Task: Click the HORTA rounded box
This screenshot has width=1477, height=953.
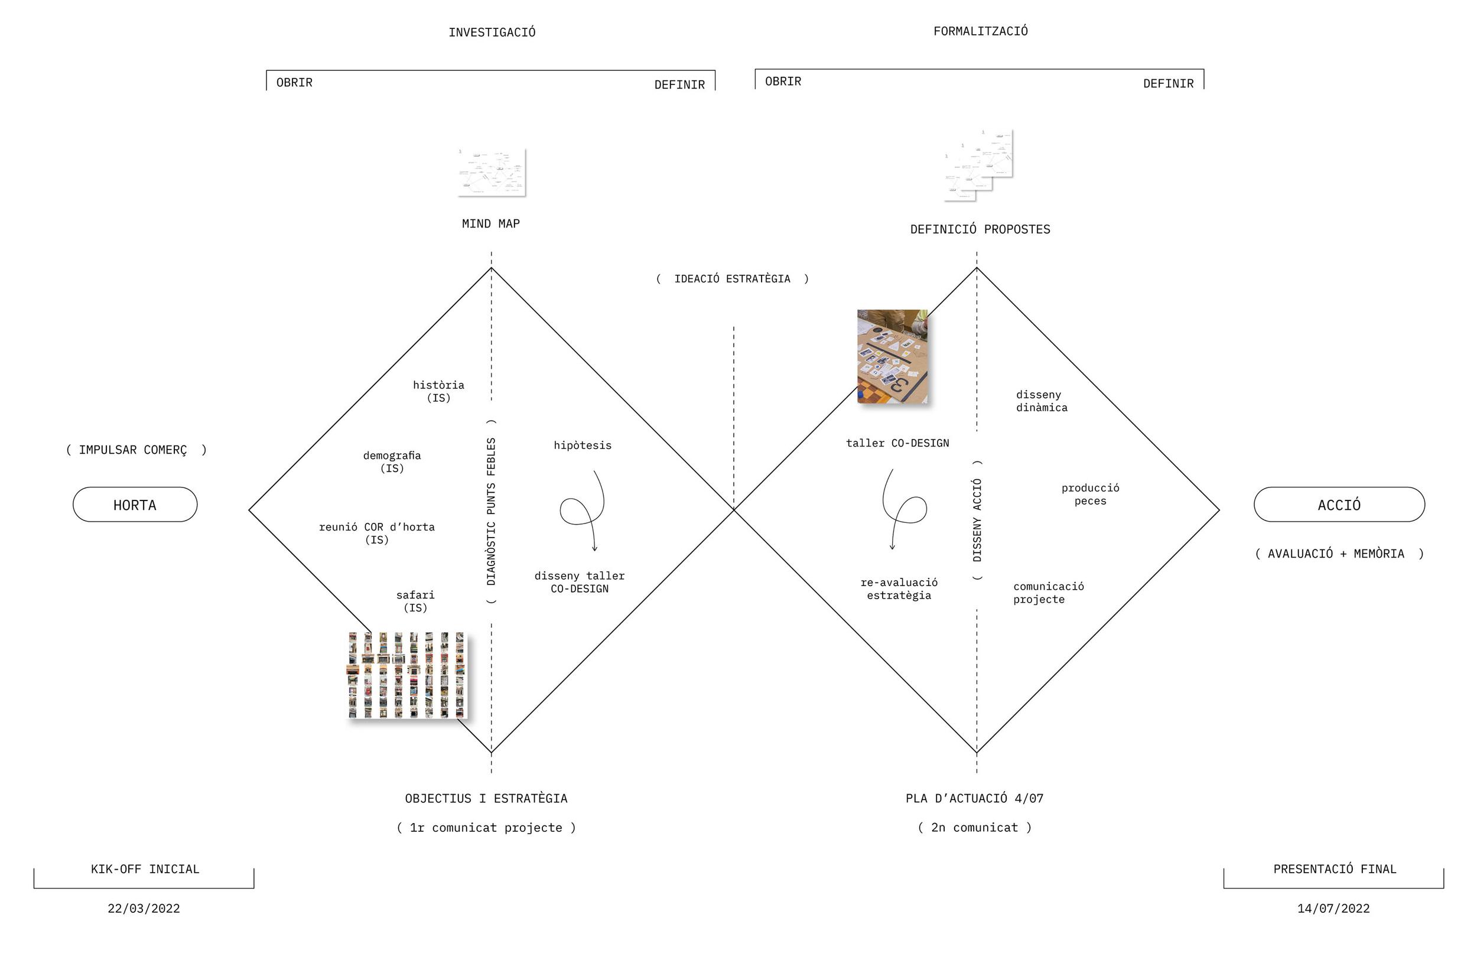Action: [x=135, y=505]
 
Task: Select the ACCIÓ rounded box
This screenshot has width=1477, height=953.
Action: [x=1338, y=505]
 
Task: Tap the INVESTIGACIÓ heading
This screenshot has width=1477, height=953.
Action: [x=492, y=32]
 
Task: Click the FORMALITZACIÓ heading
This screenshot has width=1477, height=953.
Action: [x=980, y=31]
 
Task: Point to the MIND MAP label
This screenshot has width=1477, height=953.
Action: [x=491, y=223]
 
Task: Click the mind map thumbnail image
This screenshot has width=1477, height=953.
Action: [x=492, y=172]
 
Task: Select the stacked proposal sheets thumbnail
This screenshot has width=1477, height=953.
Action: [x=979, y=165]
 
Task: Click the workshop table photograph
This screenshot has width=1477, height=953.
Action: [x=892, y=356]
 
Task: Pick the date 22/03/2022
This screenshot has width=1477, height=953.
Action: [x=144, y=909]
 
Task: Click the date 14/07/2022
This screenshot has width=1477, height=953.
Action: [x=1333, y=909]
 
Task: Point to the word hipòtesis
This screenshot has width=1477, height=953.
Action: [x=583, y=445]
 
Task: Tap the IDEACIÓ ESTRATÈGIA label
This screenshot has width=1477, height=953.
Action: [x=732, y=279]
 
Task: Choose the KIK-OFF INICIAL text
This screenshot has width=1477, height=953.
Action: [x=145, y=869]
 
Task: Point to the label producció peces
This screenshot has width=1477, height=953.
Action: [x=1090, y=495]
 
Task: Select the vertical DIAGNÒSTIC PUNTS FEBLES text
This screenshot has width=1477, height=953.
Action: [x=492, y=511]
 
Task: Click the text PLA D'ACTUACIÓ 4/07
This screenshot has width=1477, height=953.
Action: [x=975, y=798]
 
